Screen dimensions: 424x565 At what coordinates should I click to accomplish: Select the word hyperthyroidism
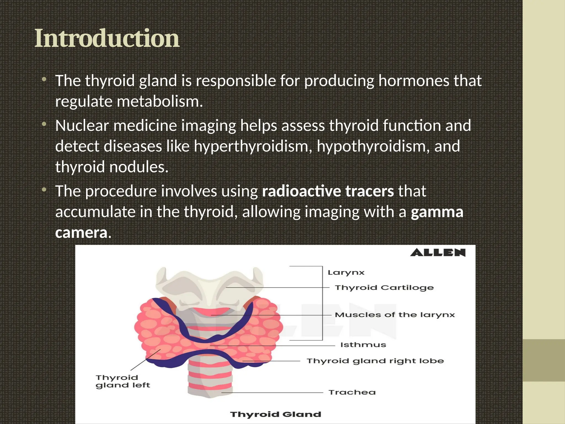pyautogui.click(x=253, y=146)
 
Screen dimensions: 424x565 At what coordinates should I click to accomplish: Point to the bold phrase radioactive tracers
pyautogui.click(x=328, y=191)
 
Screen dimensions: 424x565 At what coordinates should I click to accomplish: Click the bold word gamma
pyautogui.click(x=437, y=212)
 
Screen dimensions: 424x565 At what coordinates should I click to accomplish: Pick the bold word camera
pyautogui.click(x=81, y=233)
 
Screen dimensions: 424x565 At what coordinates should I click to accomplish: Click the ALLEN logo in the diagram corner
pyautogui.click(x=438, y=253)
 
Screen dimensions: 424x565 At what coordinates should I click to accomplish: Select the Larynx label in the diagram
pyautogui.click(x=346, y=273)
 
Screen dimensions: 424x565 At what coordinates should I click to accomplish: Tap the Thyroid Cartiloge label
pyautogui.click(x=384, y=288)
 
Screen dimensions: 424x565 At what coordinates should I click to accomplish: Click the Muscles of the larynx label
pyautogui.click(x=395, y=315)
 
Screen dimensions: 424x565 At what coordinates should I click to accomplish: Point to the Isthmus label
pyautogui.click(x=363, y=345)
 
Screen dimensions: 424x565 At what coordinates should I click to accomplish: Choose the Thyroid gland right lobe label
pyautogui.click(x=375, y=361)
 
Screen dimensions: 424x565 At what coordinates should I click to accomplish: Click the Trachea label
pyautogui.click(x=352, y=392)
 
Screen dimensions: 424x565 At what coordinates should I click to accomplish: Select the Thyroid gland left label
pyautogui.click(x=122, y=381)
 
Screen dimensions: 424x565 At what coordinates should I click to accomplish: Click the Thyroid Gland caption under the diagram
pyautogui.click(x=276, y=414)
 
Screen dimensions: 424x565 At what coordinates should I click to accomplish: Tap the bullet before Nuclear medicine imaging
pyautogui.click(x=44, y=125)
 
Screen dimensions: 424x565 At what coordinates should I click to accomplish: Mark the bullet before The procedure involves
pyautogui.click(x=44, y=190)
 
